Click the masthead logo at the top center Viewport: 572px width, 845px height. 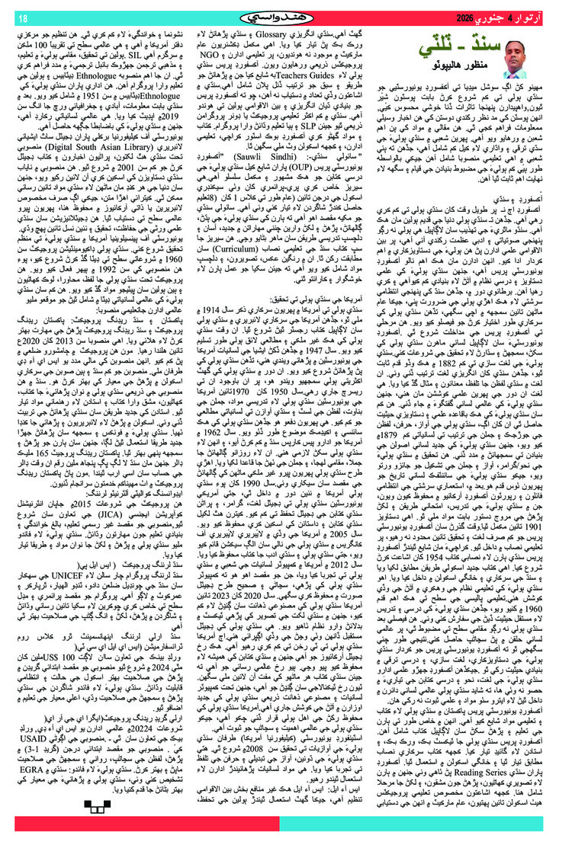click(286, 17)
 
